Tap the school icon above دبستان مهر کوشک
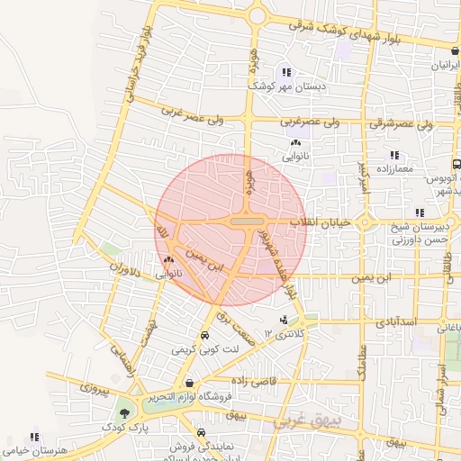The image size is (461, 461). point(286,72)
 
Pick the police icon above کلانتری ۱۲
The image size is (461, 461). point(285,320)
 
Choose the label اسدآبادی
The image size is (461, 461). point(394,320)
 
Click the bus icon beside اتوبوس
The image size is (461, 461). point(456,164)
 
